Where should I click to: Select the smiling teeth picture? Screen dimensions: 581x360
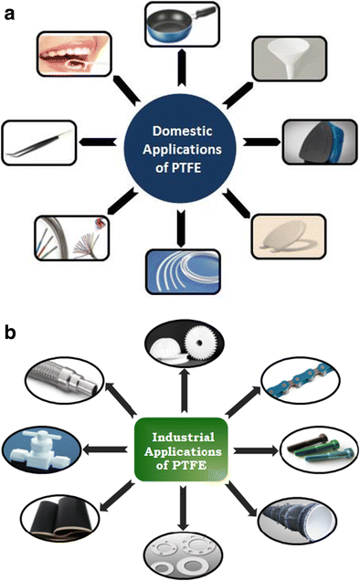point(72,56)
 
